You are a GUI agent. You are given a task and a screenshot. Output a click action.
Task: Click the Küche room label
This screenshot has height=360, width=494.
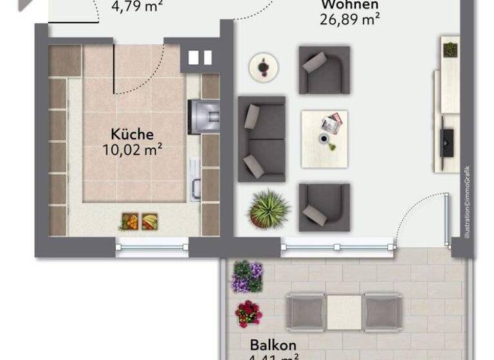tap(132, 134)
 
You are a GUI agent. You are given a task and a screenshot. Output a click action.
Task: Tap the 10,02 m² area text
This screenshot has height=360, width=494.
tap(132, 150)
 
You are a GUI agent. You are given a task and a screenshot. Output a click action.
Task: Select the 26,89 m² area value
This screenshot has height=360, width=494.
tap(349, 18)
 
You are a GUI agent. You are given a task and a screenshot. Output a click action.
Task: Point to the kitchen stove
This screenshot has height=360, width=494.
tap(203, 116)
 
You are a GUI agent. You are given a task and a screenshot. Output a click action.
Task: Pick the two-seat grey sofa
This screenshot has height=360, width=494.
tap(262, 139)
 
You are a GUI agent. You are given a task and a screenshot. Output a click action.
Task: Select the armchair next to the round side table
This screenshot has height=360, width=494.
tap(324, 69)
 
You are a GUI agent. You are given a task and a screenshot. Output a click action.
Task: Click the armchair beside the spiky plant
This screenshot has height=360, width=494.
tap(324, 207)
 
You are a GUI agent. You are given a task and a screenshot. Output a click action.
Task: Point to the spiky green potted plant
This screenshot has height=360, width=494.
tap(269, 208)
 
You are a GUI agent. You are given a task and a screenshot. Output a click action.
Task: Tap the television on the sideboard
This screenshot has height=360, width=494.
tap(446, 141)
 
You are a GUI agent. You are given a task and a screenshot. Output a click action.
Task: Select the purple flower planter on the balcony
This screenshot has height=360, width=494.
tap(248, 276)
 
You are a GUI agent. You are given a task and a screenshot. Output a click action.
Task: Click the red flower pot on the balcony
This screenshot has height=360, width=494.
tap(248, 314)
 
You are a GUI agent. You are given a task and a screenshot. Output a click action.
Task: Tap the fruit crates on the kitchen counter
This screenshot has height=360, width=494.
tap(139, 222)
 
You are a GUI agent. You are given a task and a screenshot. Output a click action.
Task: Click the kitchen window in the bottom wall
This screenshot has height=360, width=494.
tap(152, 245)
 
